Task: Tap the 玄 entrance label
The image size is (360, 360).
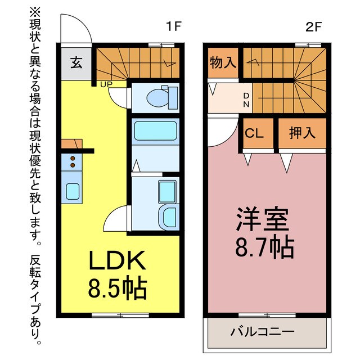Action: (76, 62)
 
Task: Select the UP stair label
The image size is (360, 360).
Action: (105, 85)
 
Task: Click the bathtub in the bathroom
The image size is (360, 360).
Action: (155, 132)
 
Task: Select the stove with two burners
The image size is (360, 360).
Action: (73, 162)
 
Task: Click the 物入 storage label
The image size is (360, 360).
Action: (223, 62)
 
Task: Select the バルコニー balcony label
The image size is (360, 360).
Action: (262, 331)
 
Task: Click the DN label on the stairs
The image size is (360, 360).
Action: (246, 100)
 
